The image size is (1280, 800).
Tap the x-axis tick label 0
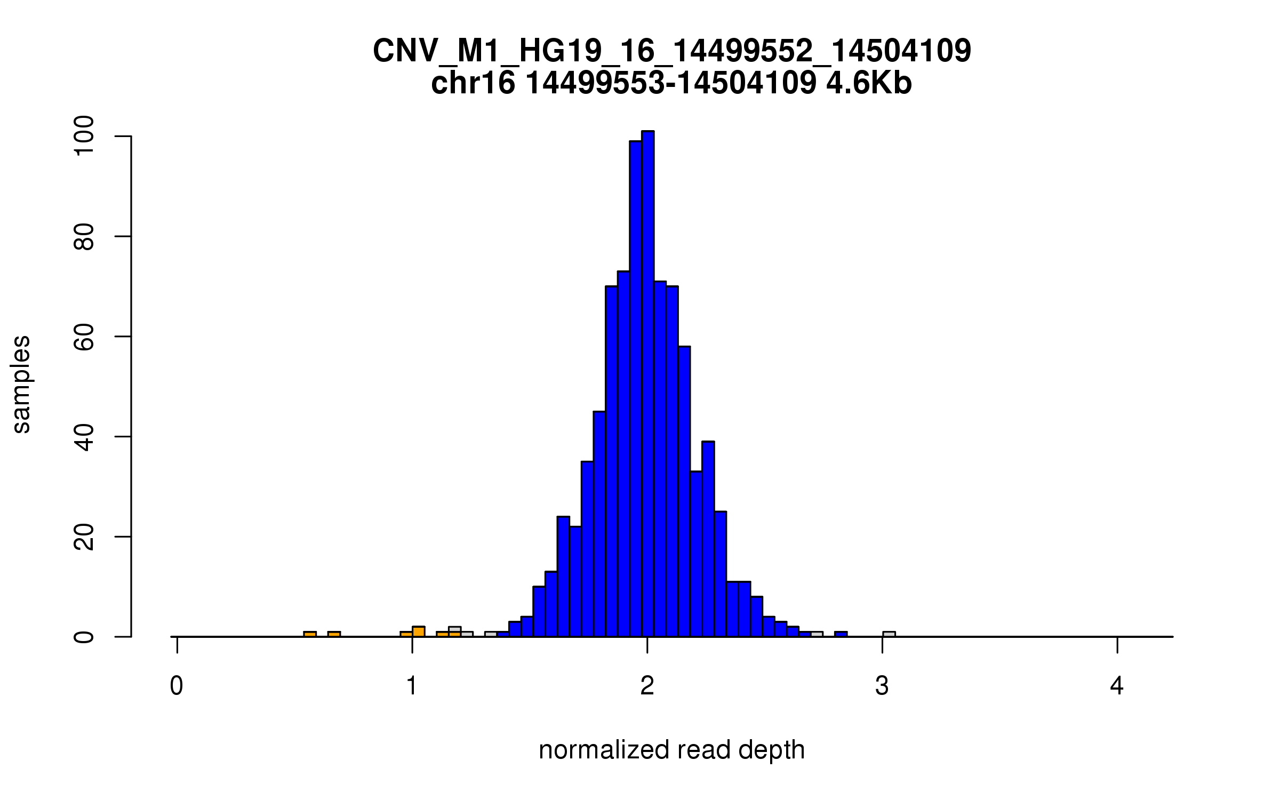tap(177, 686)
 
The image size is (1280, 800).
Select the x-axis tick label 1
tap(412, 686)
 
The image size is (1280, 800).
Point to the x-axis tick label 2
tap(647, 686)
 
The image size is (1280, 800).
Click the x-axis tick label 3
tap(882, 686)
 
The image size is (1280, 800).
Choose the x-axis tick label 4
tap(1117, 686)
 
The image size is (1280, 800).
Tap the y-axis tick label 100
tap(84, 137)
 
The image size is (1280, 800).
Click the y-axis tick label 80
tap(84, 236)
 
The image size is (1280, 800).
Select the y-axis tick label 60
tap(84, 337)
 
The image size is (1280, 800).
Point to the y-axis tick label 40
tap(84, 437)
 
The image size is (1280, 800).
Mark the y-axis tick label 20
tap(84, 537)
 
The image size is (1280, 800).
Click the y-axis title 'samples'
tap(21, 385)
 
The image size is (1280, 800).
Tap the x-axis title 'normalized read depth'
tap(671, 750)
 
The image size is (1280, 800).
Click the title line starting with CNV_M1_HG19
tap(671, 51)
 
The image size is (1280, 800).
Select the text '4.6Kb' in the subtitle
tap(869, 83)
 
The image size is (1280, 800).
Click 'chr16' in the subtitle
tap(473, 83)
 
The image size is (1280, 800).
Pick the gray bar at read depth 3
tap(889, 634)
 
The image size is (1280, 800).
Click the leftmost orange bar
tap(310, 634)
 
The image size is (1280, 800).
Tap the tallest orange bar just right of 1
tap(419, 631)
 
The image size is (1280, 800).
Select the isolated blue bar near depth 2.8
tap(841, 634)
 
